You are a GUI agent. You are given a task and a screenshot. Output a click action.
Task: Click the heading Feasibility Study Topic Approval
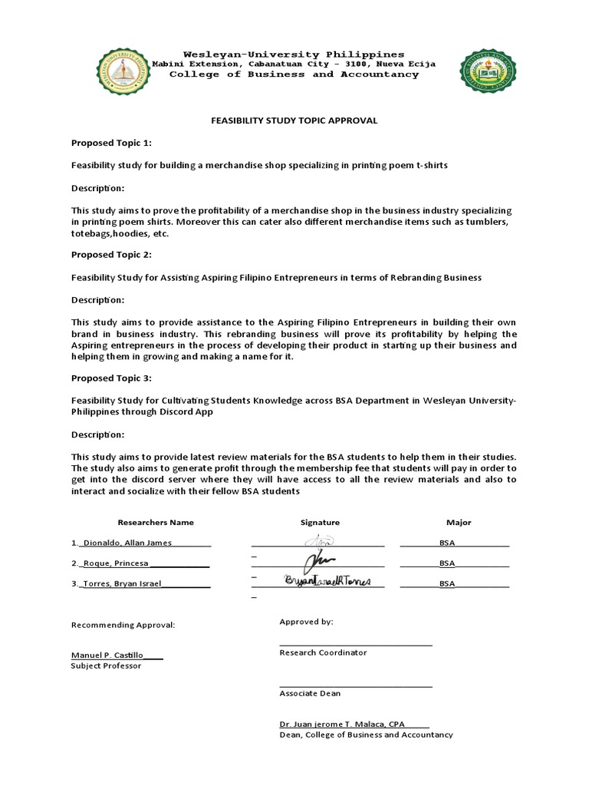[294, 121]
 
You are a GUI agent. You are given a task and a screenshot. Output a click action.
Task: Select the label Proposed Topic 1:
[111, 143]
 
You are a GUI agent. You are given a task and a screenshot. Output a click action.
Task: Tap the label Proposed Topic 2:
[111, 254]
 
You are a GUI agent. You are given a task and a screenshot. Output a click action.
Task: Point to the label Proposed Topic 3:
[111, 378]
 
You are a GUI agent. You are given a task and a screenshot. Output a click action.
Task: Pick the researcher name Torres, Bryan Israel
[128, 583]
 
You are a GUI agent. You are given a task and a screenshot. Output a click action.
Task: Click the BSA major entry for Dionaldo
[447, 543]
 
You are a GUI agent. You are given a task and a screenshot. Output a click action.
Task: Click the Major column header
[459, 523]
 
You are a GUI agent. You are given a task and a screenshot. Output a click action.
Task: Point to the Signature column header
[320, 523]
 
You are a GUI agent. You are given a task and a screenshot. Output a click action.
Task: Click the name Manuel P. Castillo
[107, 655]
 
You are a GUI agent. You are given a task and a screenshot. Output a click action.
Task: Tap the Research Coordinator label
[323, 652]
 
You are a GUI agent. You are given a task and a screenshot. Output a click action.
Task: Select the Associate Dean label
[310, 693]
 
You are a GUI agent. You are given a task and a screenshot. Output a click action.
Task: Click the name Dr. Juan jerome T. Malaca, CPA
[342, 724]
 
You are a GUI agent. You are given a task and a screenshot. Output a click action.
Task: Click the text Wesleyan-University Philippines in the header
[294, 54]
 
